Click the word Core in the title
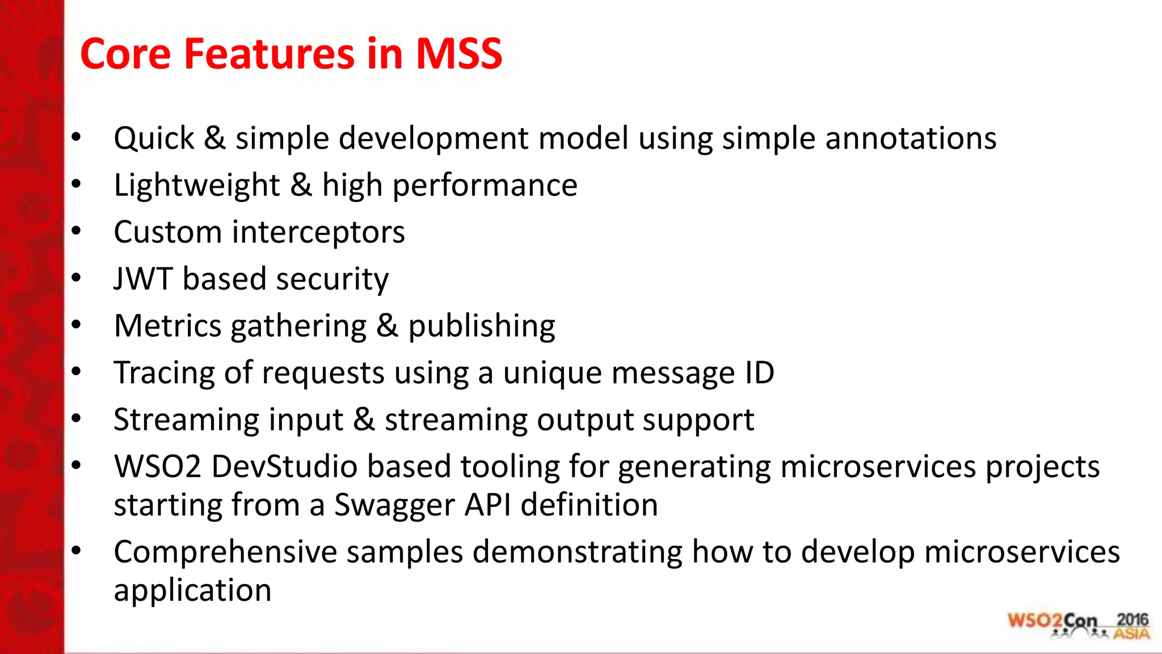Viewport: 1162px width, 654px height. point(125,54)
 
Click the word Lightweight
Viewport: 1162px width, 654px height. point(196,186)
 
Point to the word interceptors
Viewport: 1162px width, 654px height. point(318,233)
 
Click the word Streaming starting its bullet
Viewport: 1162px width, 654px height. point(186,421)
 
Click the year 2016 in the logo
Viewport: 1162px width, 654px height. point(1132,619)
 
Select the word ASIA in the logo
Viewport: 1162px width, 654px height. point(1131,634)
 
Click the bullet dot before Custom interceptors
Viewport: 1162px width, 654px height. point(76,231)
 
